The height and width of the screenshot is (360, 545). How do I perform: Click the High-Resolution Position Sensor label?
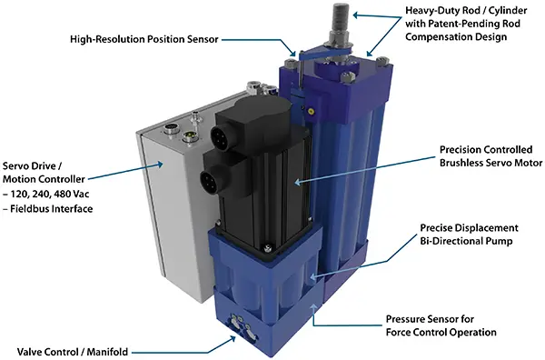[x=144, y=39]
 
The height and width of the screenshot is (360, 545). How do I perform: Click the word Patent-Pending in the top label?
[x=463, y=24]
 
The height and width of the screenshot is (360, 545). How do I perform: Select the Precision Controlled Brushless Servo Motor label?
[x=490, y=156]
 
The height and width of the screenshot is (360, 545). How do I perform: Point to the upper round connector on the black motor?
[x=220, y=135]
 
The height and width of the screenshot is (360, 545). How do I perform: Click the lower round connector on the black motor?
[x=210, y=179]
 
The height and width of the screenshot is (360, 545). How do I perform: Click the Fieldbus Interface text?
[x=52, y=209]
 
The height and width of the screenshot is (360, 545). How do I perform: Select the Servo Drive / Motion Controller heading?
[x=44, y=173]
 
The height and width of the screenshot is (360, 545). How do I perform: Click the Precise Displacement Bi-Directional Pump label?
[x=469, y=235]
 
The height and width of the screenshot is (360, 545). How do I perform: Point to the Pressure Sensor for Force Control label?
[x=441, y=325]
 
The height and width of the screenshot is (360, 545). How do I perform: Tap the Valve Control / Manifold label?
[x=73, y=352]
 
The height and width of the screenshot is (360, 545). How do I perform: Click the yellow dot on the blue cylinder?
[x=311, y=112]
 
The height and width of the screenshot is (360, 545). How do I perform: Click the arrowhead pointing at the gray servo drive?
[x=159, y=165]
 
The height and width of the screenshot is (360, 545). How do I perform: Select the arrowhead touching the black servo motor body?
[x=298, y=181]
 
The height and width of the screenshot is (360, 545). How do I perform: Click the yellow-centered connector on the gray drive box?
[x=190, y=135]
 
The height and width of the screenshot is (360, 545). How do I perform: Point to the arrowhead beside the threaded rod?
[x=357, y=15]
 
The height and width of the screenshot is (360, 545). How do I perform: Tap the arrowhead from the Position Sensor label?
[x=293, y=54]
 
